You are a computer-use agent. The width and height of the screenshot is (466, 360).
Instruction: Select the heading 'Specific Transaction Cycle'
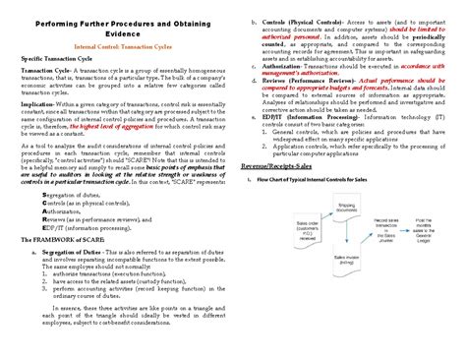pyautogui.click(x=66, y=61)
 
